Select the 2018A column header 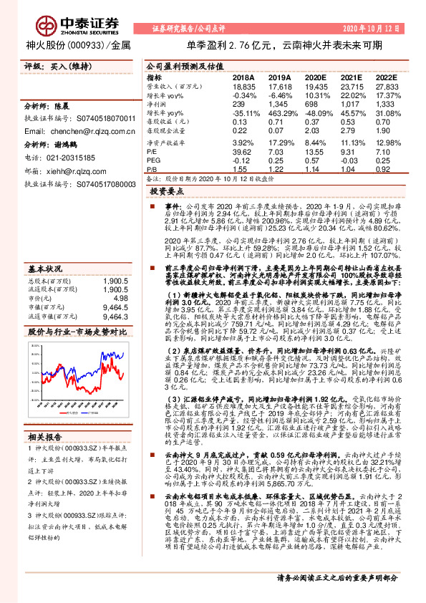(x=243, y=77)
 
